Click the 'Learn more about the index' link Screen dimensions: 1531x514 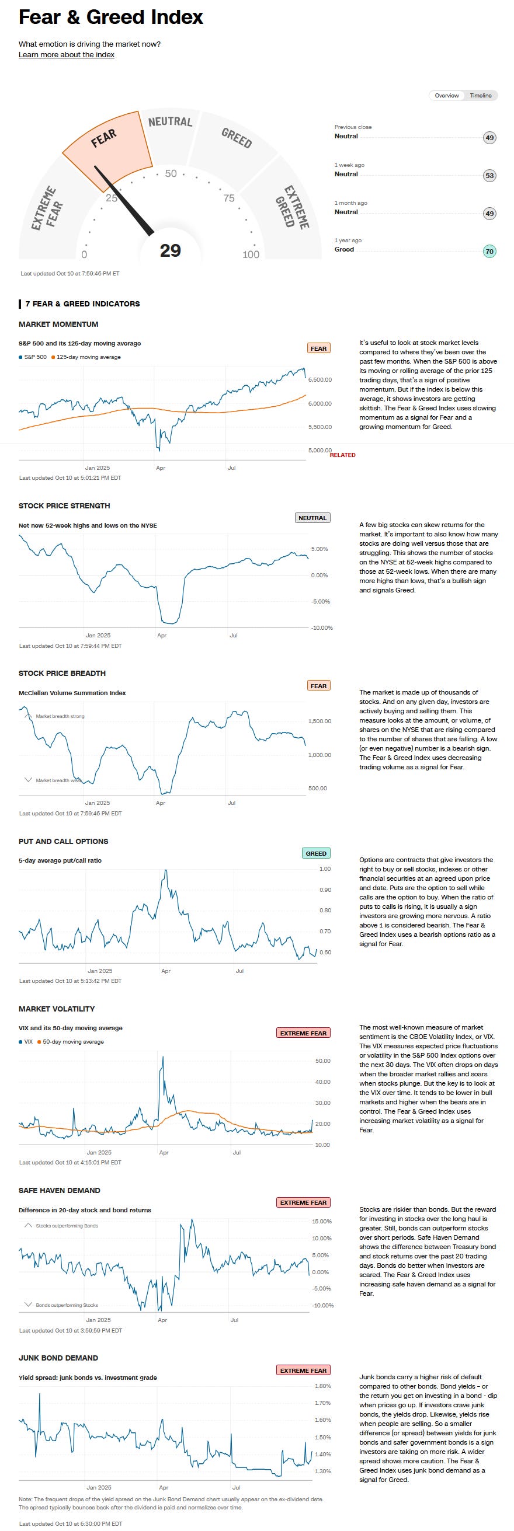point(66,55)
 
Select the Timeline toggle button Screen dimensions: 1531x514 point(480,96)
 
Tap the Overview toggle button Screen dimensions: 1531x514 point(446,96)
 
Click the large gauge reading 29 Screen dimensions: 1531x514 point(170,250)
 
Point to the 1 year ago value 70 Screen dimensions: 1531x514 point(489,252)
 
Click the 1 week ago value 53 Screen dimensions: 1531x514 point(489,175)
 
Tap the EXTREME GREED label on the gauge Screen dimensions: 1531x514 point(291,207)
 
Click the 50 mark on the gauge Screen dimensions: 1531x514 point(171,173)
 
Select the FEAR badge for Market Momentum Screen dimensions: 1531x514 point(318,348)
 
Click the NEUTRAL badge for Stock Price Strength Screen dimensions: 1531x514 point(312,518)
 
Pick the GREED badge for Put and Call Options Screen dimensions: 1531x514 point(316,853)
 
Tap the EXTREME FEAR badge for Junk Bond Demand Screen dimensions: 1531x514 point(303,1370)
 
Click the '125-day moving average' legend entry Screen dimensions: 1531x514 point(88,357)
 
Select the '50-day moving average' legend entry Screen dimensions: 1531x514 point(72,1042)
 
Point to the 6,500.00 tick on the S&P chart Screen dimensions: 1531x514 point(320,380)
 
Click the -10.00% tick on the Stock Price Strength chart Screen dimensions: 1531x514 point(322,627)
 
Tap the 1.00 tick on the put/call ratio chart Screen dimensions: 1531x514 point(325,869)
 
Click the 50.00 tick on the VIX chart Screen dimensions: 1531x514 point(323,1061)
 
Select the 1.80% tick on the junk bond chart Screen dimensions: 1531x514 point(322,1386)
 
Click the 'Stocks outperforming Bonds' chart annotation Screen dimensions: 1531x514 point(67,1226)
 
